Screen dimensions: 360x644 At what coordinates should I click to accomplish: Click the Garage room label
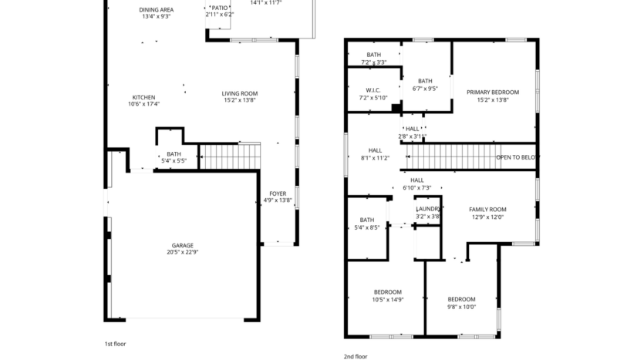(182, 248)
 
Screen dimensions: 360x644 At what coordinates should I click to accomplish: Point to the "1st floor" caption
(115, 344)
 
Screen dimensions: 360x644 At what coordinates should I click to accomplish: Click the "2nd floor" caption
(356, 357)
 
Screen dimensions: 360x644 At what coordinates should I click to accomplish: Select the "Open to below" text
(515, 156)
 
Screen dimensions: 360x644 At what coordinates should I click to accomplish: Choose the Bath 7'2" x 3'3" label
(373, 58)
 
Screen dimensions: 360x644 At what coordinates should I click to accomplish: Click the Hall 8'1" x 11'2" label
(375, 154)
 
